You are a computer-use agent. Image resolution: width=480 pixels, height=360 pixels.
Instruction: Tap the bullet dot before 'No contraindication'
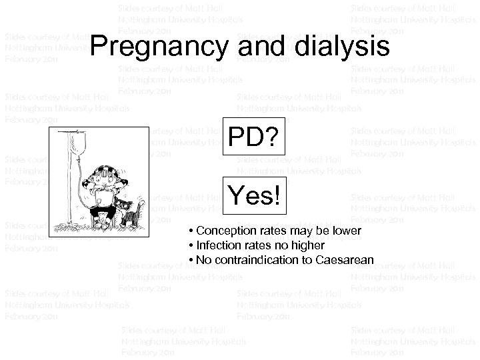point(191,260)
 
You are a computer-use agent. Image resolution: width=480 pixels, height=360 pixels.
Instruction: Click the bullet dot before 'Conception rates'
point(191,231)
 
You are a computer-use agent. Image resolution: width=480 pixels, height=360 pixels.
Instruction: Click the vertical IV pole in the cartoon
point(69,187)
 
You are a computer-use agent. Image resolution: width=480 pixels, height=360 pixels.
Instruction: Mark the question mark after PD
point(274,138)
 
